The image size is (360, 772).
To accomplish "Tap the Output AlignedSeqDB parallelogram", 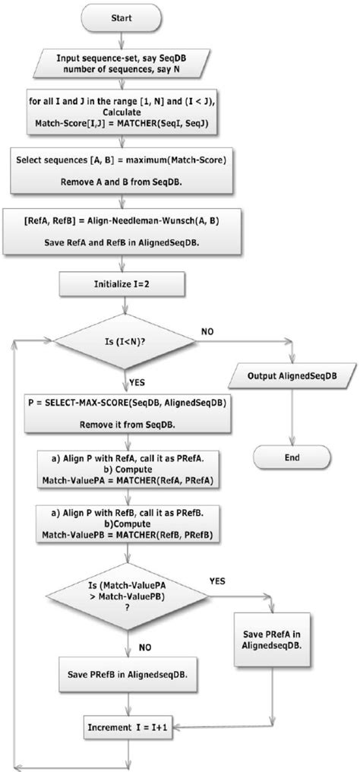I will pos(292,376).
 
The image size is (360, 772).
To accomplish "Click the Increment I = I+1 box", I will pos(122,729).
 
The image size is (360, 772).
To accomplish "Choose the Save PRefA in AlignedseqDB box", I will pos(271,640).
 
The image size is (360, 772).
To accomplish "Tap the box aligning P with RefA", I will pos(122,470).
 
